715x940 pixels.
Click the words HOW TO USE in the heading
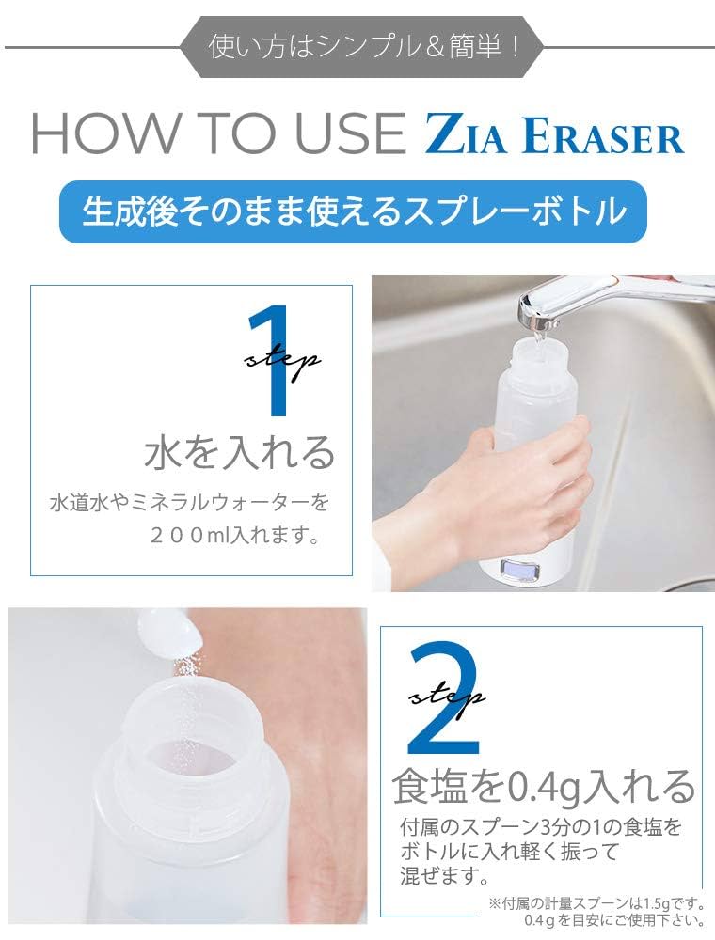[x=217, y=134]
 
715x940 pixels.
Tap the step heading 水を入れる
[x=240, y=452]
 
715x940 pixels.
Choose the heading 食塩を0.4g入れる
[x=544, y=786]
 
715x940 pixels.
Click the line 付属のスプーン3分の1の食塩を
[x=540, y=828]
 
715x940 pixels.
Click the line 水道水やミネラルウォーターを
[x=189, y=502]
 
